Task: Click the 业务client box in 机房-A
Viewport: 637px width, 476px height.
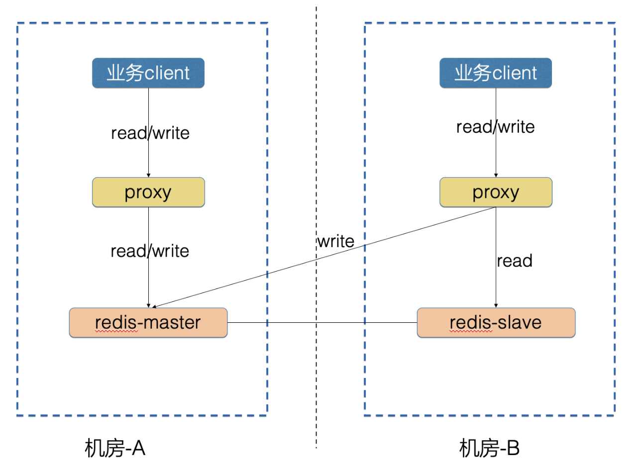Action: (148, 73)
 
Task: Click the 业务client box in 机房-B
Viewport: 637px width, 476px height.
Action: (496, 73)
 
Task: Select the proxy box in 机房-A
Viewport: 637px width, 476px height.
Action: (148, 192)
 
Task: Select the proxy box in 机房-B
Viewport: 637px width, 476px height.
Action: (496, 192)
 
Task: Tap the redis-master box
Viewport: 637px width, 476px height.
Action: (148, 322)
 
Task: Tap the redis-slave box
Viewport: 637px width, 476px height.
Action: (496, 322)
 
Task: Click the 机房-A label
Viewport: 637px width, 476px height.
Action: (115, 448)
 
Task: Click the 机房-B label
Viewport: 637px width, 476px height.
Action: (489, 448)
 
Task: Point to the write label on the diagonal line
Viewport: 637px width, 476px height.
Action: (336, 241)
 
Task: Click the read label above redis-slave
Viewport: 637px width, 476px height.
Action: (515, 261)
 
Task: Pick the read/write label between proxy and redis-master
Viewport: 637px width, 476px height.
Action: (150, 251)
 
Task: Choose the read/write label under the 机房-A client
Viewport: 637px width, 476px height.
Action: (150, 133)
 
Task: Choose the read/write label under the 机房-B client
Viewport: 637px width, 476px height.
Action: (495, 127)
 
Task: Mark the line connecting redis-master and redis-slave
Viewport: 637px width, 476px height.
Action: (322, 322)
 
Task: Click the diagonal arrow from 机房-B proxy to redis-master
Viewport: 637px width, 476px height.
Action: (324, 257)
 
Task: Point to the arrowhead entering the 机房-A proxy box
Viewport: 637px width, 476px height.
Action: (149, 175)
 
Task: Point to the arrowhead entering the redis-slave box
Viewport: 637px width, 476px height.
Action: (496, 306)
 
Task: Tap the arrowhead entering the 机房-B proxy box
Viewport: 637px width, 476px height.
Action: (496, 175)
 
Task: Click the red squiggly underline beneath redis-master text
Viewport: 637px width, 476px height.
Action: (116, 331)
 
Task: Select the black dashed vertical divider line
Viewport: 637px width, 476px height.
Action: (317, 227)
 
